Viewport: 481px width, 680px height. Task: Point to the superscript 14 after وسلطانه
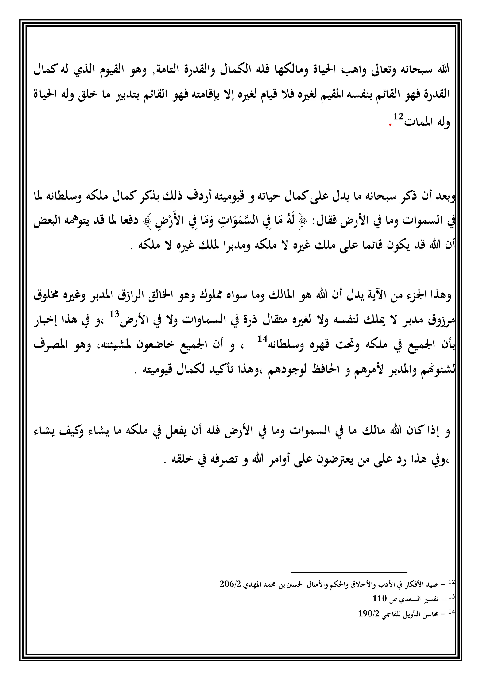(x=262, y=338)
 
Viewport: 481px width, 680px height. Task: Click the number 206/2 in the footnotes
(x=231, y=584)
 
